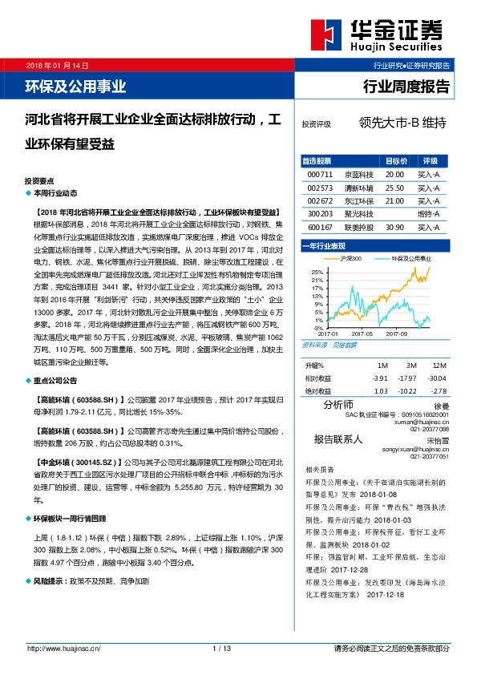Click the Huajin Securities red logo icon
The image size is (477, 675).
click(324, 34)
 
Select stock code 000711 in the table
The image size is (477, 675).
click(319, 174)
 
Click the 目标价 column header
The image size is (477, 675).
click(396, 160)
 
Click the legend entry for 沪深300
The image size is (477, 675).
click(347, 258)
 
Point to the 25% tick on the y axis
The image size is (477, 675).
click(317, 273)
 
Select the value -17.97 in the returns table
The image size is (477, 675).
click(409, 378)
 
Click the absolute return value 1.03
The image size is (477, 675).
click(381, 390)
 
